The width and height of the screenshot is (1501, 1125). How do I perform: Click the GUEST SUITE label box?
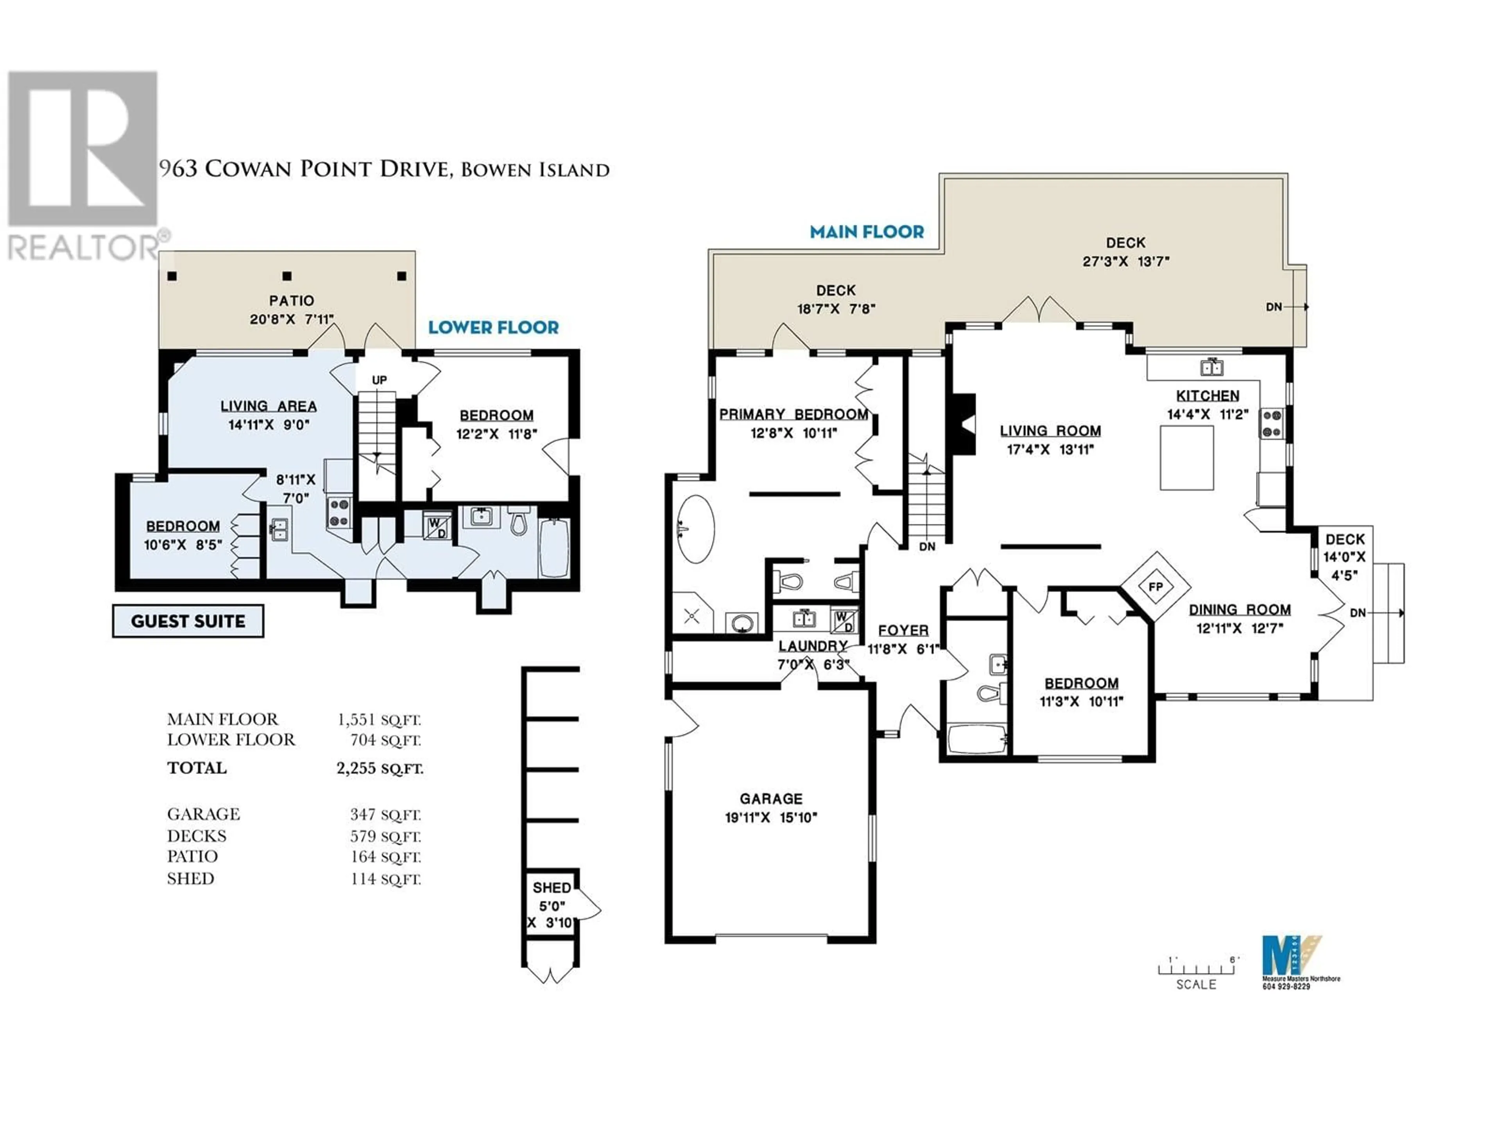pyautogui.click(x=188, y=621)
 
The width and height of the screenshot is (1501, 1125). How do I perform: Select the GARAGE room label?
pyautogui.click(x=771, y=799)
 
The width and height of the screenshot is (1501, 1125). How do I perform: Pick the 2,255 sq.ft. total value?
pyautogui.click(x=379, y=768)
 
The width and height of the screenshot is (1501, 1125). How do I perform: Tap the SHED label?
pyautogui.click(x=552, y=887)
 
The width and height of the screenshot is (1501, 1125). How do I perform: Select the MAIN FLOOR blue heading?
pyautogui.click(x=867, y=232)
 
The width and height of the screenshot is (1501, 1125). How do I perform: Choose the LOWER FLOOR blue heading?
pyautogui.click(x=493, y=327)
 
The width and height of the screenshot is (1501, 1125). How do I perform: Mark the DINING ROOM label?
pyautogui.click(x=1239, y=610)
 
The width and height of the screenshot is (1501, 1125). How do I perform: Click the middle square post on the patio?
pyautogui.click(x=287, y=276)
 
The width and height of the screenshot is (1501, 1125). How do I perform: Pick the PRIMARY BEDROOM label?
pyautogui.click(x=793, y=414)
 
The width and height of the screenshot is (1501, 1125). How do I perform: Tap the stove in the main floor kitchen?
pyautogui.click(x=1272, y=424)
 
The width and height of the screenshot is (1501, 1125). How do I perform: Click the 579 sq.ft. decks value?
pyautogui.click(x=385, y=836)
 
